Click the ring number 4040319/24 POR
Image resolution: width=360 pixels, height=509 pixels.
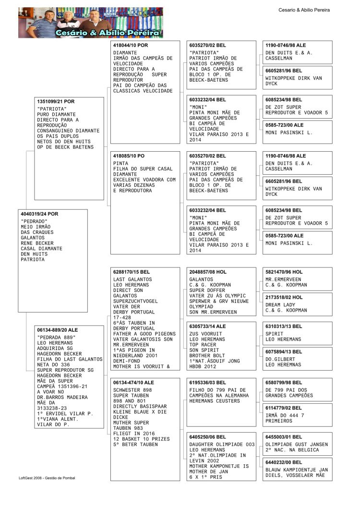tap(39, 214)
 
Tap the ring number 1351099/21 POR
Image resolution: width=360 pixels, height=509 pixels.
tap(56, 102)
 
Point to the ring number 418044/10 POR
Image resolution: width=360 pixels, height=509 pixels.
tap(131, 45)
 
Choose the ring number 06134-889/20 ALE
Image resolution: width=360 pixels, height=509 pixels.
tap(58, 330)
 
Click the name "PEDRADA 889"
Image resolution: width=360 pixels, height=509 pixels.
tap(57, 337)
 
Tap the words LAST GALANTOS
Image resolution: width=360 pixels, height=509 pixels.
tap(132, 279)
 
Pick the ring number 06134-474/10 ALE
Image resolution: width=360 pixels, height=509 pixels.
tap(134, 382)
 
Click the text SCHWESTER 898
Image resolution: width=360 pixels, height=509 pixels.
tap(132, 389)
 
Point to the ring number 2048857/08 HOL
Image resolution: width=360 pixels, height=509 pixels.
tap(208, 272)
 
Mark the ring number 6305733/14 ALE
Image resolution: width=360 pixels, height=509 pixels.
tap(207, 326)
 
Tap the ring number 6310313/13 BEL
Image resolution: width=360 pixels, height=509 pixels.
tap(284, 326)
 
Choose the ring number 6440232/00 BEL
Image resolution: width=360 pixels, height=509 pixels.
tap(284, 462)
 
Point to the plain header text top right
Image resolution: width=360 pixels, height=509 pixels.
tap(304, 10)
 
